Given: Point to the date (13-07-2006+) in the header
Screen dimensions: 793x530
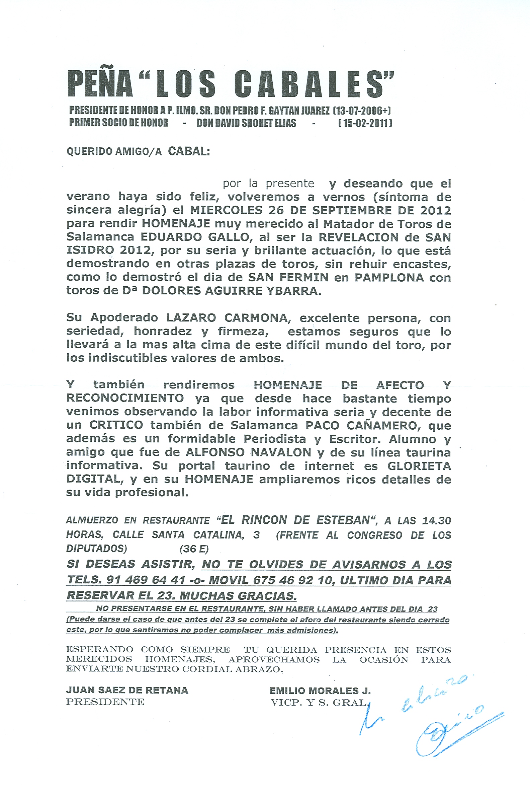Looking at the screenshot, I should pyautogui.click(x=362, y=111).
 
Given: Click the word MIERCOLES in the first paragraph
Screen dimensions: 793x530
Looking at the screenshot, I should pyautogui.click(x=226, y=210).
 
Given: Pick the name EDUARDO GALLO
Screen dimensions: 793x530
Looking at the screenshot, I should pyautogui.click(x=195, y=237).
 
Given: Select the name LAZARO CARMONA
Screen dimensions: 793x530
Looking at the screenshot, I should pyautogui.click(x=227, y=318).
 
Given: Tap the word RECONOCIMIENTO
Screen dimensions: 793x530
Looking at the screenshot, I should pyautogui.click(x=125, y=398).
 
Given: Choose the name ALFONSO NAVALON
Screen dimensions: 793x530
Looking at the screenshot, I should pyautogui.click(x=248, y=452).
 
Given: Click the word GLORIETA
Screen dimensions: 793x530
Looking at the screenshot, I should pyautogui.click(x=419, y=466).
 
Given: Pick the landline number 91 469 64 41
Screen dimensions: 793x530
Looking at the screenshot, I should pyautogui.click(x=146, y=580).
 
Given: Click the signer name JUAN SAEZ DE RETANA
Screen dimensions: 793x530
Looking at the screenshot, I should pyautogui.click(x=127, y=690).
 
